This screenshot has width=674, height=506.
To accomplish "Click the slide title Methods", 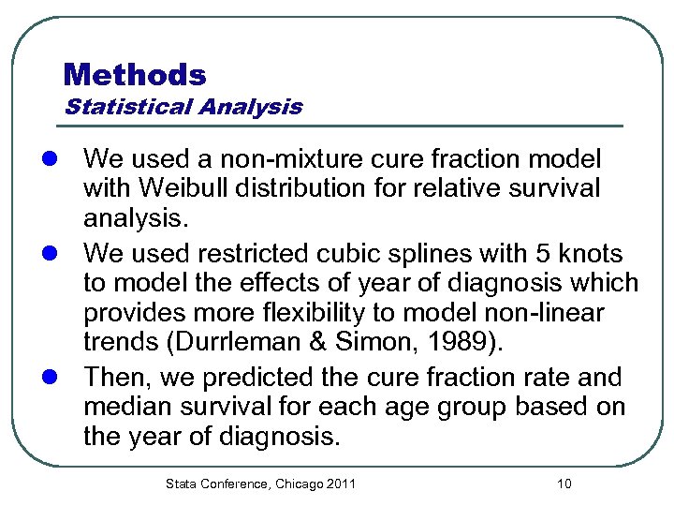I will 135,74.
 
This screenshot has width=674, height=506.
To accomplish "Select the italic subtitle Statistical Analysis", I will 183,107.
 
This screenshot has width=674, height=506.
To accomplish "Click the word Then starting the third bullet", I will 114,378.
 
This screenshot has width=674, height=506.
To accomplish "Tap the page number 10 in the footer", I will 564,484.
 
